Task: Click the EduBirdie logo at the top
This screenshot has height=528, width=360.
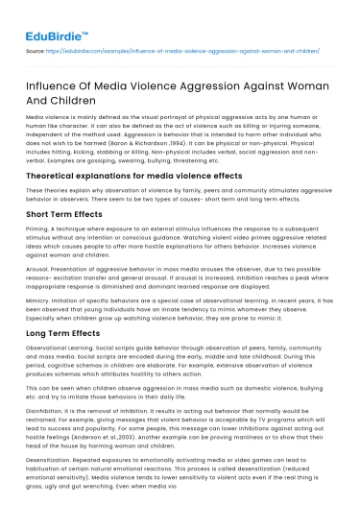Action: (x=55, y=17)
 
